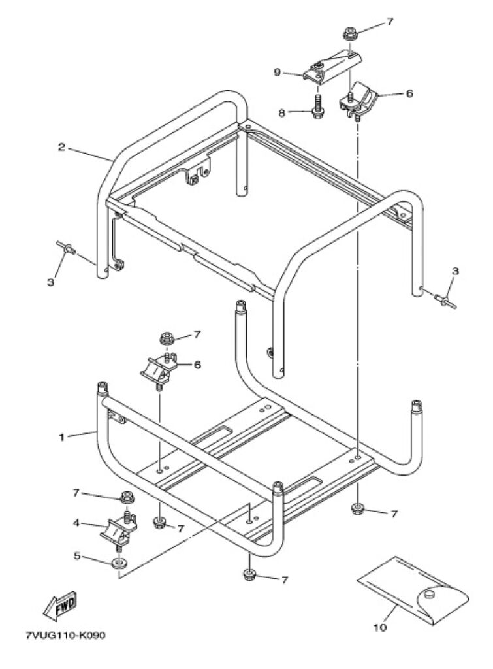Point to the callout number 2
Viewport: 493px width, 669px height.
coord(61,148)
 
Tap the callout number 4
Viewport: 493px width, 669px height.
coord(76,523)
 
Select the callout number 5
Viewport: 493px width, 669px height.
coord(76,557)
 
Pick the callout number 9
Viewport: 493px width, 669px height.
coord(277,73)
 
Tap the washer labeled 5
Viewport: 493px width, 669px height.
coord(119,563)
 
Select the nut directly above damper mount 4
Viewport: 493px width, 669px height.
coord(126,498)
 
